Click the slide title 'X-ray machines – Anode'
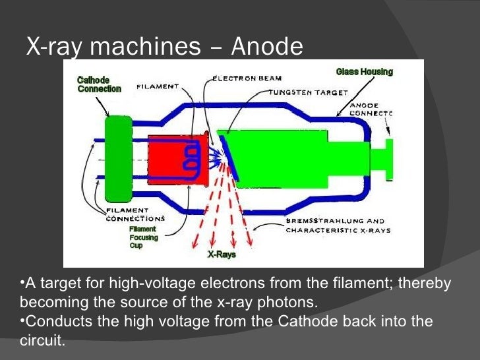pos(164,46)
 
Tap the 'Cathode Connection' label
pos(99,84)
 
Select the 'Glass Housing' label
pos(364,71)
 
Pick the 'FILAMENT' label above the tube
pos(158,86)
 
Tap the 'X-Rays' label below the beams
pos(222,255)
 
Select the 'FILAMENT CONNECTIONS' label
pos(135,214)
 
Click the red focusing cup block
pos(168,158)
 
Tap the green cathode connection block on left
pos(118,158)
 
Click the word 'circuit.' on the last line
pos(42,342)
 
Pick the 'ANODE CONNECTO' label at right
pos(371,109)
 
